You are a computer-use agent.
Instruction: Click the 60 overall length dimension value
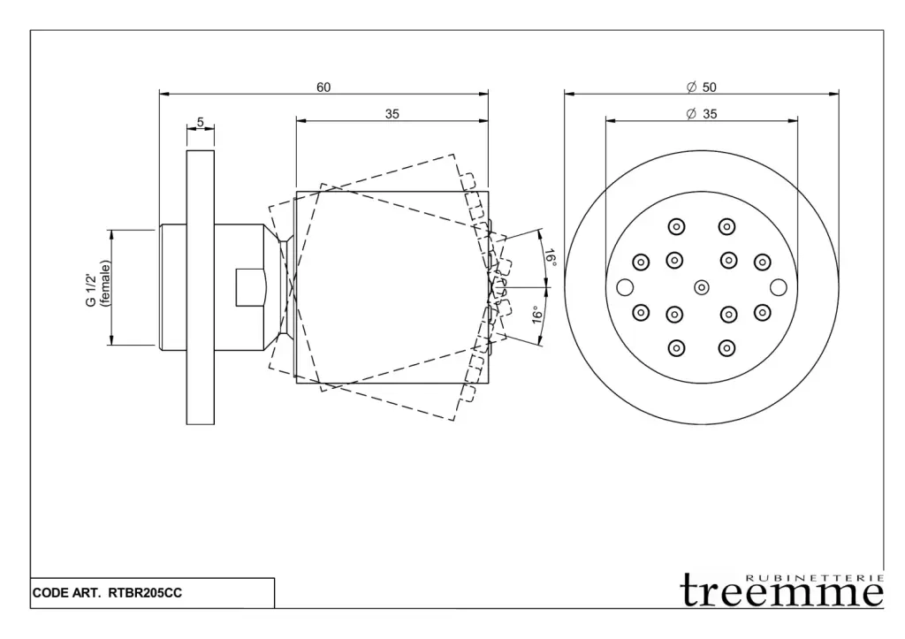323,87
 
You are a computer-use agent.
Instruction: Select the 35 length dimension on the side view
392,113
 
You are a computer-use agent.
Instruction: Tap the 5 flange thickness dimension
201,122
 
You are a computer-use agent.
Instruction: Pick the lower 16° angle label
536,316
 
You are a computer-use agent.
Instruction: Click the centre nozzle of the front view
702,286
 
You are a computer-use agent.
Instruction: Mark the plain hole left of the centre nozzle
625,287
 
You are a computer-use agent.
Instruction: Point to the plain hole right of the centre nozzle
778,286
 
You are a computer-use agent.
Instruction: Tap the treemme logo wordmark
781,592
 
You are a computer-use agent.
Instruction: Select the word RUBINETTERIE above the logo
814,576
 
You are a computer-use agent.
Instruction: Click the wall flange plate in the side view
200,287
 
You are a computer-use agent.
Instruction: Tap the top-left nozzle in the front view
676,226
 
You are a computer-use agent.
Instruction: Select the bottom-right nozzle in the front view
727,347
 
